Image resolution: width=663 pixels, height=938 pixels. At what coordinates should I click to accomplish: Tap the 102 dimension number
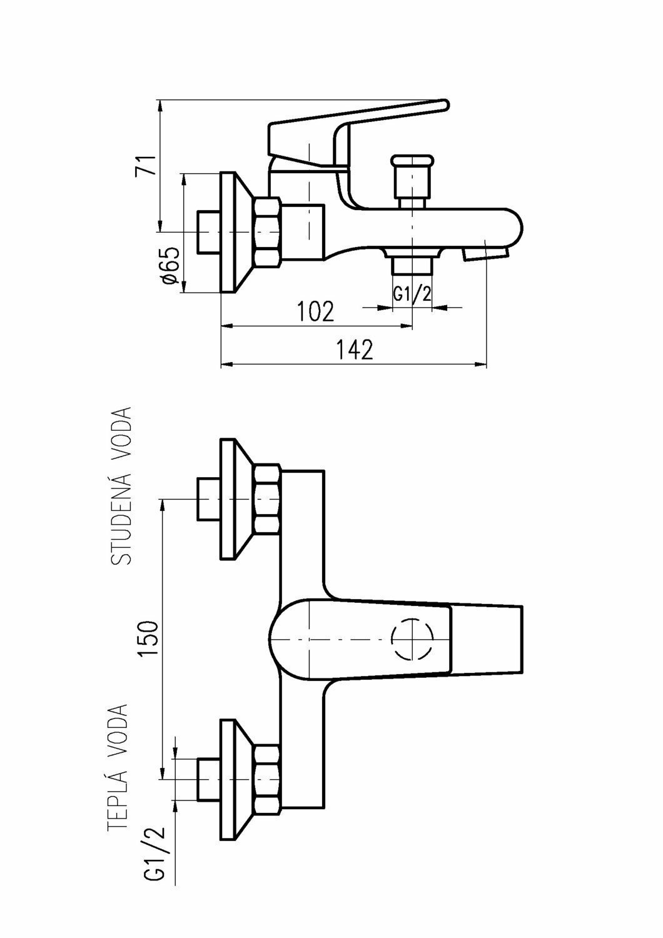coord(316,311)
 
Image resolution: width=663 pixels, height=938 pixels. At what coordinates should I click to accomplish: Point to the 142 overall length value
coord(355,350)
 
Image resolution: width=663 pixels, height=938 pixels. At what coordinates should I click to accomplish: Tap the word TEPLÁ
coord(119,797)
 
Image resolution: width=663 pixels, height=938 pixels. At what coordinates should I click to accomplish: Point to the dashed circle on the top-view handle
coord(412,640)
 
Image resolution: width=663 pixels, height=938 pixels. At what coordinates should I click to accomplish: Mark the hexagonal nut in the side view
coord(268,231)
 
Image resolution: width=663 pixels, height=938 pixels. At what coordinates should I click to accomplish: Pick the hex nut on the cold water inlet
coord(268,499)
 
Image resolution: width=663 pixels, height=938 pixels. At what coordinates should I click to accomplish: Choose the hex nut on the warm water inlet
coord(268,779)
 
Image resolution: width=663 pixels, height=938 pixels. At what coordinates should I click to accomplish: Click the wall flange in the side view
coord(235,231)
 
